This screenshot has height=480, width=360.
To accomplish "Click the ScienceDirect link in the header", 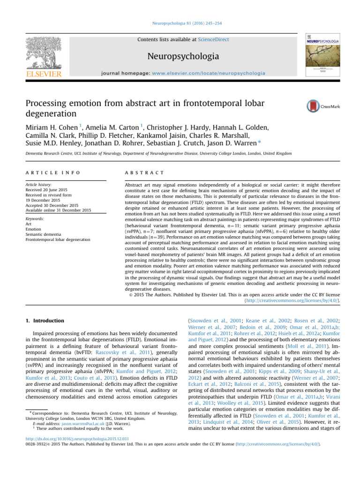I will (x=213, y=40).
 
